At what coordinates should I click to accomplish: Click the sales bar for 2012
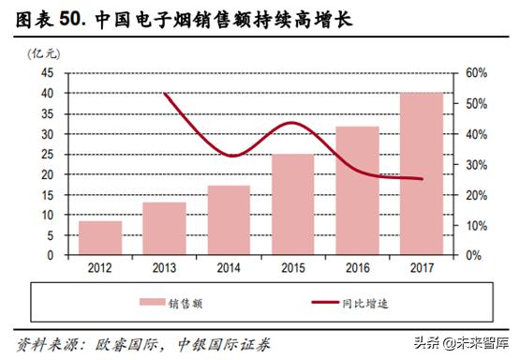99,238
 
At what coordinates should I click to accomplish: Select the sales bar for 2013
164,228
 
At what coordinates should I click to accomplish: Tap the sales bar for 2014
229,220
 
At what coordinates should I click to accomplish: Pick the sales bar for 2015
293,204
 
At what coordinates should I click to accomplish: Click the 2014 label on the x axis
229,267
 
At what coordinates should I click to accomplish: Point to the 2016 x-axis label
358,267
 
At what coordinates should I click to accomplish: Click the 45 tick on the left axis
47,73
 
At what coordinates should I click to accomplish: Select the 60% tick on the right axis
475,73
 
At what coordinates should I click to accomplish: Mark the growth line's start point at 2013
164,94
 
